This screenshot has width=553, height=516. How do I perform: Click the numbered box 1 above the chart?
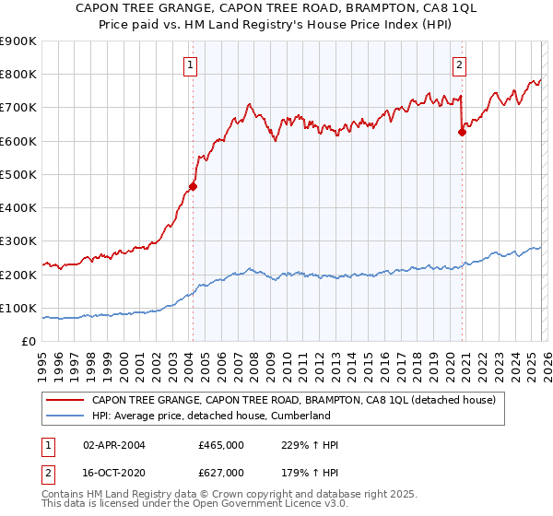pyautogui.click(x=189, y=64)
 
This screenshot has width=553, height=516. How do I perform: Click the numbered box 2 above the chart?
pyautogui.click(x=459, y=64)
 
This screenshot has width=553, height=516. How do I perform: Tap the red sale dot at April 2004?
pyautogui.click(x=193, y=186)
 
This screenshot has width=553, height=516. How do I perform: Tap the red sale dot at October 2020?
pyautogui.click(x=463, y=132)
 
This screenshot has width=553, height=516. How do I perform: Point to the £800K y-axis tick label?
pyautogui.click(x=18, y=75)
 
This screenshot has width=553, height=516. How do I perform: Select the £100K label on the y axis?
pyautogui.click(x=18, y=308)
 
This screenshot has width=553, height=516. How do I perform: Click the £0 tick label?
pyautogui.click(x=29, y=341)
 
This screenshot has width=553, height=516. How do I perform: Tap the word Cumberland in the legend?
pyautogui.click(x=298, y=416)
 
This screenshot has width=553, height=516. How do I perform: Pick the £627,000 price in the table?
pyautogui.click(x=221, y=473)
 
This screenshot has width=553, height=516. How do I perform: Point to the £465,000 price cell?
pyautogui.click(x=221, y=446)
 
